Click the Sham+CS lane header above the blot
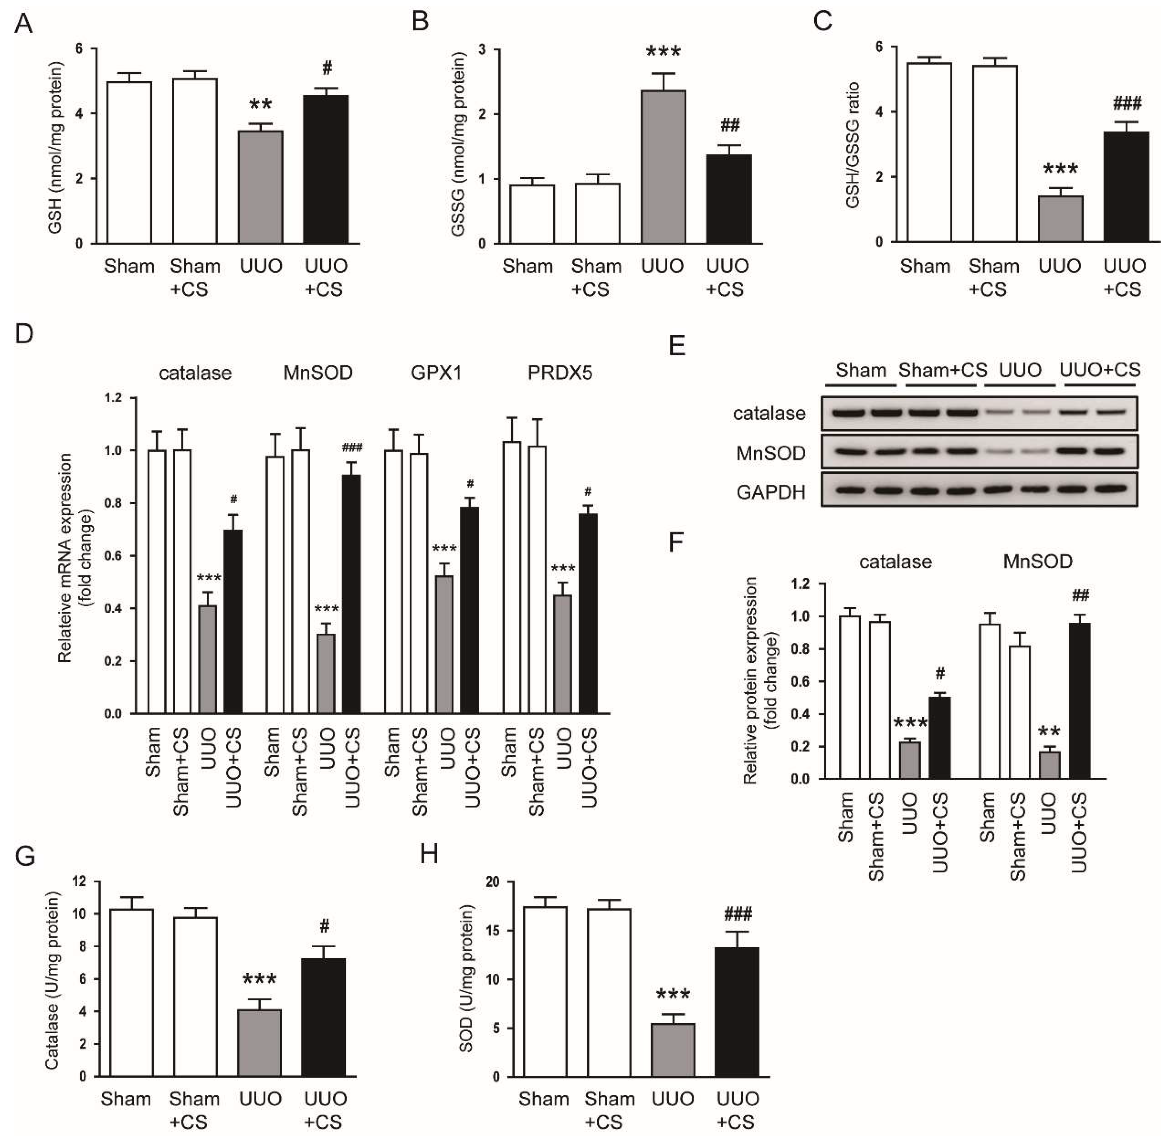click(942, 370)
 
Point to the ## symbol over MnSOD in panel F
click(1081, 595)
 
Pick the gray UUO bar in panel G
click(259, 1043)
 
